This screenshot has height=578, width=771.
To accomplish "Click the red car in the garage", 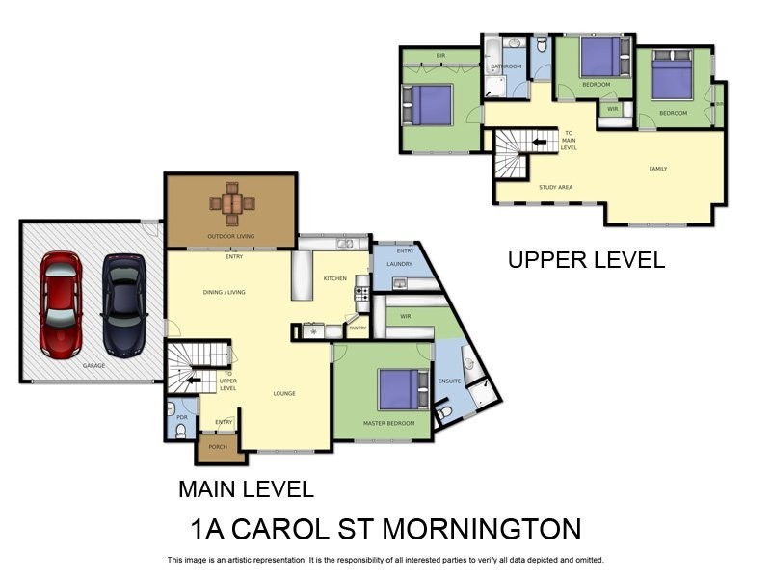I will (x=61, y=304).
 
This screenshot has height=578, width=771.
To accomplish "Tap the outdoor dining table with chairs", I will (x=231, y=203).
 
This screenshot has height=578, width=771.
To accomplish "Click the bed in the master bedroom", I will (x=402, y=390).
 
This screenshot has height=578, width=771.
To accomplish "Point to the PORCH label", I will (x=218, y=447).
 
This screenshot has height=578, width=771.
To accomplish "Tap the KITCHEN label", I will (x=334, y=278).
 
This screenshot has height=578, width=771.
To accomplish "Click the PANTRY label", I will (x=358, y=328).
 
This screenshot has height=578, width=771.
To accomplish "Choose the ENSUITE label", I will (x=450, y=381).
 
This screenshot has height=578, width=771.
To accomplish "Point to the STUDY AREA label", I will (x=556, y=187).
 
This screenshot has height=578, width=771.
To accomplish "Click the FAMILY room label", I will (x=657, y=169).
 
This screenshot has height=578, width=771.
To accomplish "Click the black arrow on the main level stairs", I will (x=196, y=380).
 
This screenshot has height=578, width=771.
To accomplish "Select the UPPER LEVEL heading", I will (x=586, y=259).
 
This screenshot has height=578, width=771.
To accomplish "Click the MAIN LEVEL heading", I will (x=246, y=488).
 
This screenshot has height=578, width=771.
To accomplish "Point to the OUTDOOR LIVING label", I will (x=230, y=236).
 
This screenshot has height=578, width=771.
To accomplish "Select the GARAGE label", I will (x=93, y=366).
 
